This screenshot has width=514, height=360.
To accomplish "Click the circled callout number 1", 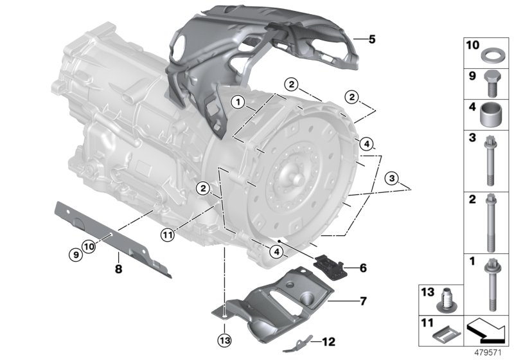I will [x=238, y=102].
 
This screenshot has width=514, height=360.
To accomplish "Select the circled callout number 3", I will [x=391, y=177].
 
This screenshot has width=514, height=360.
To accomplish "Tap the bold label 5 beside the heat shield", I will [x=372, y=39].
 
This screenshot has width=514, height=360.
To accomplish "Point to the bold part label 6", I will [x=363, y=267].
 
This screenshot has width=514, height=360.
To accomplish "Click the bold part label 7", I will [x=363, y=300].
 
